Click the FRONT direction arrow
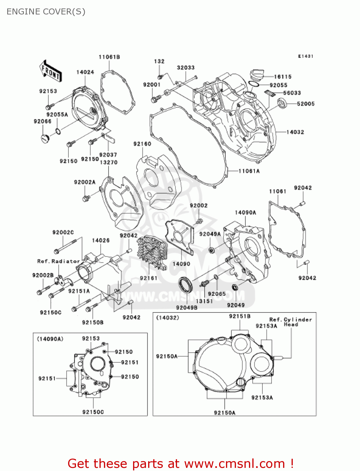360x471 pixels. pyautogui.click(x=51, y=72)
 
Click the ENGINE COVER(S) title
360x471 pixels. pyautogui.click(x=46, y=12)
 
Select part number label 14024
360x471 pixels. pyautogui.click(x=85, y=72)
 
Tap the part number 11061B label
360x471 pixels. pyautogui.click(x=109, y=57)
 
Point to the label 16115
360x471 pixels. pyautogui.click(x=282, y=77)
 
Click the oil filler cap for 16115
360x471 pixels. pyautogui.click(x=257, y=76)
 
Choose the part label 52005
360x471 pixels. pyautogui.click(x=305, y=104)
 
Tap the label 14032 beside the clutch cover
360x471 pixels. pyautogui.click(x=295, y=132)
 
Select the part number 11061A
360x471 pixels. pyautogui.click(x=249, y=171)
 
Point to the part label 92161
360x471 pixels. pyautogui.click(x=148, y=278)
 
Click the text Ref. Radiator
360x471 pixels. pyautogui.click(x=58, y=261)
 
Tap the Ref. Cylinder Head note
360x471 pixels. pyautogui.click(x=291, y=322)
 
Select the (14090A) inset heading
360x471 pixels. pyautogui.click(x=50, y=339)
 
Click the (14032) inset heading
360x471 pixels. pyautogui.click(x=168, y=318)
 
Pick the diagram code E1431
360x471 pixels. pyautogui.click(x=305, y=56)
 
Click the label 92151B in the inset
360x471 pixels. pyautogui.click(x=239, y=316)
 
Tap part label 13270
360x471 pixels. pyautogui.click(x=108, y=162)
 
